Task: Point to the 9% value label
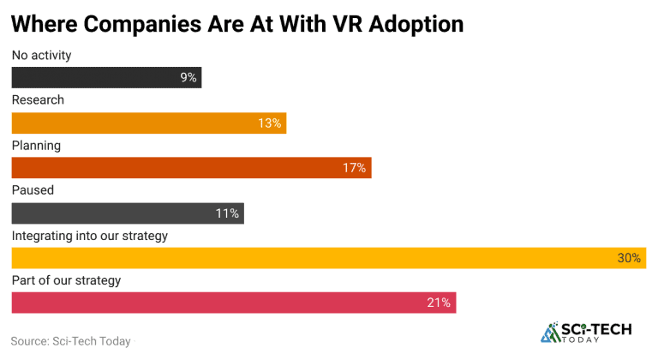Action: click(x=188, y=78)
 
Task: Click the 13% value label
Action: click(x=270, y=123)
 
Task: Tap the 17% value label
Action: click(x=355, y=168)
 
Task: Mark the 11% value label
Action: click(x=228, y=213)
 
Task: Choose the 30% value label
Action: click(x=630, y=257)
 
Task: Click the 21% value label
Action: click(x=440, y=303)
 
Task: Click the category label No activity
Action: click(x=41, y=56)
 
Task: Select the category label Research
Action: click(x=38, y=100)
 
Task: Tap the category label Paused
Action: click(x=33, y=190)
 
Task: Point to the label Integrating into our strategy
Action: click(x=89, y=235)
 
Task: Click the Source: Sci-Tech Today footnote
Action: click(x=70, y=341)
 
